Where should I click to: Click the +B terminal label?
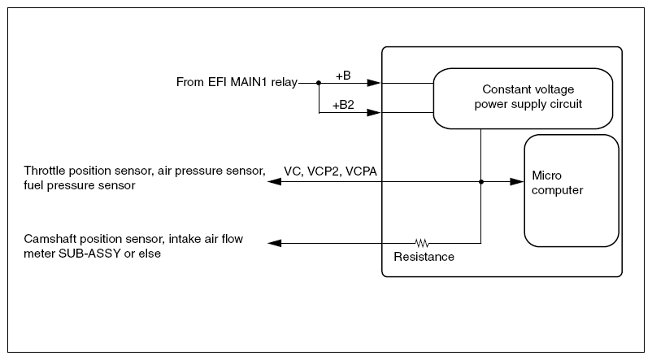(x=343, y=76)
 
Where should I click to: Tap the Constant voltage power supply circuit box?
(x=523, y=98)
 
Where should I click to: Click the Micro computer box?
(x=572, y=190)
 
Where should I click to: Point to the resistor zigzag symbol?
(x=422, y=242)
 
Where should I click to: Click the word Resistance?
(x=424, y=257)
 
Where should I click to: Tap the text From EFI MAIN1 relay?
(x=237, y=82)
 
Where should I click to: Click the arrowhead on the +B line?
(x=374, y=82)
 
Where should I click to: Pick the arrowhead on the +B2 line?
(x=374, y=113)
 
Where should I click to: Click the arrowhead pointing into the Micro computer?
(x=516, y=181)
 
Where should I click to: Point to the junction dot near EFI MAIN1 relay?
(x=318, y=82)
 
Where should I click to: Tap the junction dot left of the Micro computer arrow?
(x=481, y=181)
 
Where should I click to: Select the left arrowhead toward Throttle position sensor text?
(x=274, y=181)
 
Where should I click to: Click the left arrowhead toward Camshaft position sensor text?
(x=274, y=242)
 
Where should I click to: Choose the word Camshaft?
(x=50, y=239)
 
